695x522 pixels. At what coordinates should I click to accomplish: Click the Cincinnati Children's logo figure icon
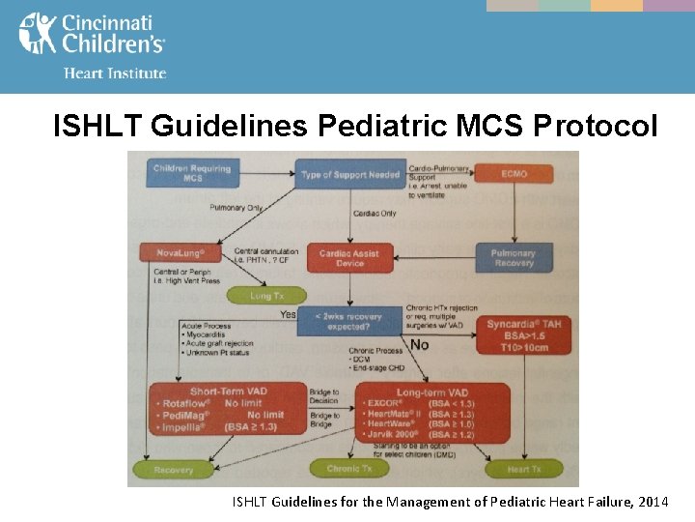point(38,33)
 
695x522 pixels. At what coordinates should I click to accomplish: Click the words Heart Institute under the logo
point(114,72)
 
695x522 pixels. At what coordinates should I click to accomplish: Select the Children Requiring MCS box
point(192,173)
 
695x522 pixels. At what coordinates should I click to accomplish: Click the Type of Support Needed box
point(349,175)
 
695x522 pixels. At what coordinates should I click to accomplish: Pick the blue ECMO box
point(514,174)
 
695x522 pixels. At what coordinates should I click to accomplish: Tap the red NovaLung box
point(181,253)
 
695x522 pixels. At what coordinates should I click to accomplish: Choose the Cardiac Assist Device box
point(348,258)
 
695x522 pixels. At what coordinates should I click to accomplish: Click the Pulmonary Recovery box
point(514,258)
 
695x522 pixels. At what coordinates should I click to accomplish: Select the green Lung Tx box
point(264,296)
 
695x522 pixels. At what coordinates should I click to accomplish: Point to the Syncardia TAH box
point(525,334)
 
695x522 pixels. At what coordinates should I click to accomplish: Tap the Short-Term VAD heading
point(228,391)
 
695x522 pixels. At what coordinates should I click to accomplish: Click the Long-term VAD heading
point(431,391)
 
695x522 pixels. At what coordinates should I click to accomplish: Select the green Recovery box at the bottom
point(173,470)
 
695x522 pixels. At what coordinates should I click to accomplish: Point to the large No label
point(420,345)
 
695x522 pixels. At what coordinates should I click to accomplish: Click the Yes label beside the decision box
point(288,314)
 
